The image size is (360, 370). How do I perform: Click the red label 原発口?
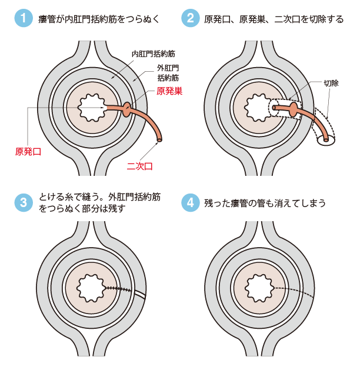coord(28,151)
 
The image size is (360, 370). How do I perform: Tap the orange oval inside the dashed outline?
coord(293,109)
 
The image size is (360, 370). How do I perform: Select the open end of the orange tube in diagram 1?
coord(159,140)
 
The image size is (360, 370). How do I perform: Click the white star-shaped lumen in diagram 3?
coord(91,288)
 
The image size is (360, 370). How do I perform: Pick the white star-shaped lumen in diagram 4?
coord(258,288)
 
